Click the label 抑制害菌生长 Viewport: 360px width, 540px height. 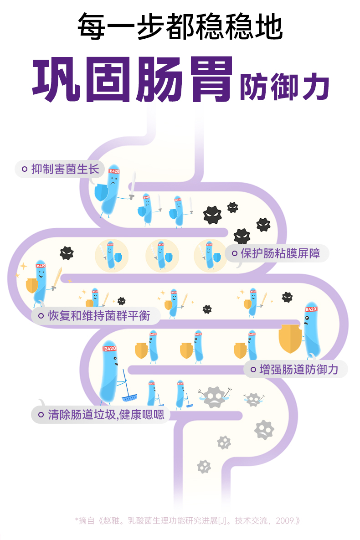click(65, 169)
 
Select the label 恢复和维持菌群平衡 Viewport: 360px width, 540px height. click(98, 315)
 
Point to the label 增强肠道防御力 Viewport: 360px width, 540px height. click(298, 369)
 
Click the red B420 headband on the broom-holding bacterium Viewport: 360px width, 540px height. click(110, 349)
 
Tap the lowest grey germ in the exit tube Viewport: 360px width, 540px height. click(204, 466)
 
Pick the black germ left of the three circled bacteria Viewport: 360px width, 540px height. click(67, 253)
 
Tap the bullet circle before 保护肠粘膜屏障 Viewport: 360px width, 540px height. click(235, 253)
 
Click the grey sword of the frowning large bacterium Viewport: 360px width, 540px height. click(133, 185)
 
